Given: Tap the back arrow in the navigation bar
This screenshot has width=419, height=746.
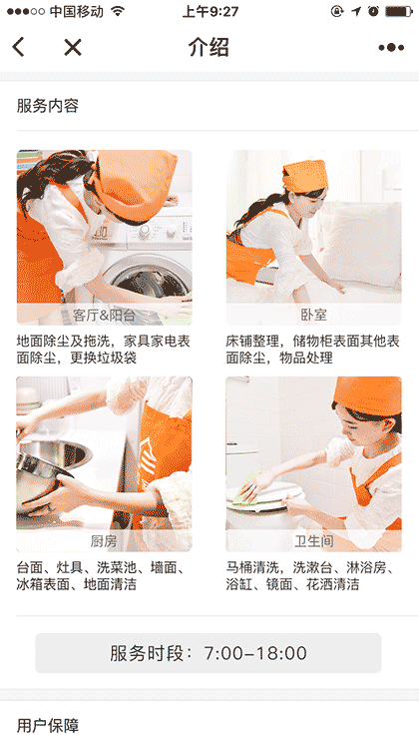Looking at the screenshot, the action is tap(19, 47).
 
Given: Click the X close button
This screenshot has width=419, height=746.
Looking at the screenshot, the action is tap(73, 47).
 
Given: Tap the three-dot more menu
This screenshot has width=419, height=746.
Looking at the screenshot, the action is tap(391, 48).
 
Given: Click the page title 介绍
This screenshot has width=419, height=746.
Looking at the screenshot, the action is tap(209, 47).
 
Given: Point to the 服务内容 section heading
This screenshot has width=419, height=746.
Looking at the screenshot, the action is tap(48, 106).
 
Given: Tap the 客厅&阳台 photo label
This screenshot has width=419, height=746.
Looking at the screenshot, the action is tap(104, 315).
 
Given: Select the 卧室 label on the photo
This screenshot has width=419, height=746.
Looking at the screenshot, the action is tap(313, 315).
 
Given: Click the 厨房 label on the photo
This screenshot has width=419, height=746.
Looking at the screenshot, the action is tap(104, 541).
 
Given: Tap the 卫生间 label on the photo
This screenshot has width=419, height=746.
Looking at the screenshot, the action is tap(313, 541).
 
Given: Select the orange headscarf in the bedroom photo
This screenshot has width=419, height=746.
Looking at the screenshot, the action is tap(305, 177).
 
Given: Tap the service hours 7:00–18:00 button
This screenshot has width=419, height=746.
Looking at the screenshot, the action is tap(209, 653).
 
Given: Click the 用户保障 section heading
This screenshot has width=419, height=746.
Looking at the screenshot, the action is tap(48, 726).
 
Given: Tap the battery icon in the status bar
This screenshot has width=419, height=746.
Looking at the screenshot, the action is tap(399, 11).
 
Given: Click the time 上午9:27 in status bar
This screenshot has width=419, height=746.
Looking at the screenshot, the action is tap(210, 11).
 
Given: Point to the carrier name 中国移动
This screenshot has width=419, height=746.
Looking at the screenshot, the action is tap(76, 11).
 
